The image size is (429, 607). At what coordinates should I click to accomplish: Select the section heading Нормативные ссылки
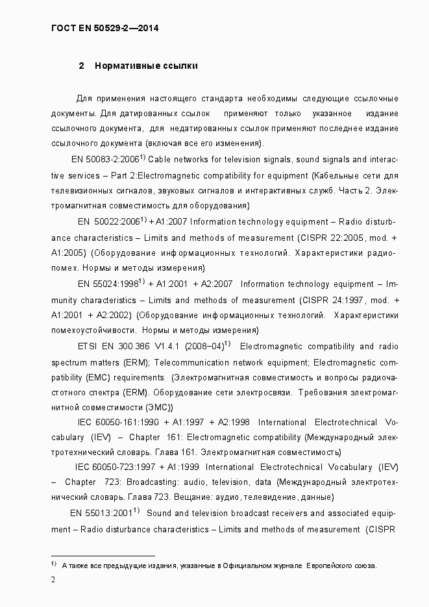pos(146,66)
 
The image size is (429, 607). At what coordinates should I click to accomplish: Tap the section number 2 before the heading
pos(81,66)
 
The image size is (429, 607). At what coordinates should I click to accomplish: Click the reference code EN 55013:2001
pos(101,514)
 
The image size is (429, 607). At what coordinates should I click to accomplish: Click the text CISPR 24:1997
pos(340,300)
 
